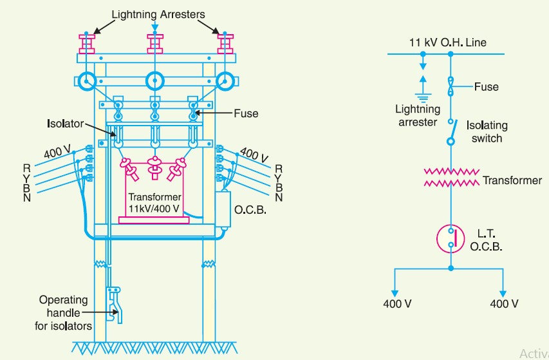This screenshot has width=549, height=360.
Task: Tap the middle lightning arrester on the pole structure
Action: pyautogui.click(x=154, y=44)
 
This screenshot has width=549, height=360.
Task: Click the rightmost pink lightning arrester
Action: pyautogui.click(x=225, y=44)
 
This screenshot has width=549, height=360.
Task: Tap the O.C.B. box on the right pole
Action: pyautogui.click(x=224, y=209)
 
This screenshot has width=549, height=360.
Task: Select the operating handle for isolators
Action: pyautogui.click(x=115, y=303)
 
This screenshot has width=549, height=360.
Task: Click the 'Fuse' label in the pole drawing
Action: pyautogui.click(x=246, y=113)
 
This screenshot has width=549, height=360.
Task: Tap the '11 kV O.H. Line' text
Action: pyautogui.click(x=448, y=43)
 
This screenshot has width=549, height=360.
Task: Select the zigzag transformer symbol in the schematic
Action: pyautogui.click(x=450, y=178)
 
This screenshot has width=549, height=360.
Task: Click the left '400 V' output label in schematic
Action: pyautogui.click(x=398, y=304)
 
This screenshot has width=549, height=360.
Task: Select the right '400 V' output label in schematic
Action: pyautogui.click(x=504, y=304)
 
